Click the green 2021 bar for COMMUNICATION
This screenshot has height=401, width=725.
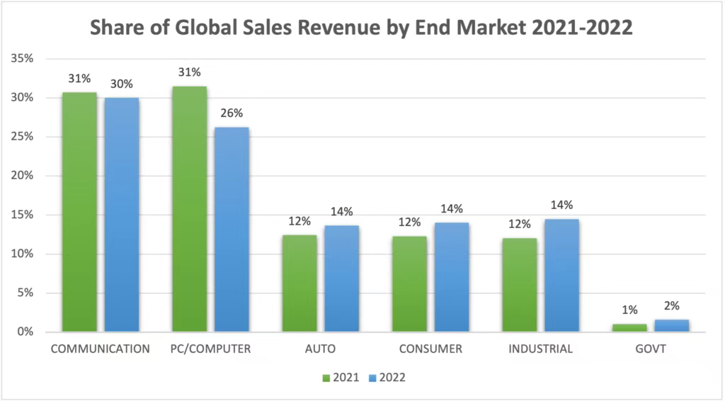coord(79,212)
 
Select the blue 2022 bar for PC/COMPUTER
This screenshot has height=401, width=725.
coord(232,230)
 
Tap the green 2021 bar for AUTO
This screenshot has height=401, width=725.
coord(299,283)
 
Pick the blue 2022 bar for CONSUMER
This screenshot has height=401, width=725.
coord(451,277)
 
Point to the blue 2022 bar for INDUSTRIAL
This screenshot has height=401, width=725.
coord(561,276)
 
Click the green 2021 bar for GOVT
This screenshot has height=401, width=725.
coord(629,328)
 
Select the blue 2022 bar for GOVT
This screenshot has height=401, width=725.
coord(671,326)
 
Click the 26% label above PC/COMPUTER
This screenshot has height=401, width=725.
coord(232,113)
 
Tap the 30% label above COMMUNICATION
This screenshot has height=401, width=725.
coord(121,84)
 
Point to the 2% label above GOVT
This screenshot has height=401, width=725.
coord(671,306)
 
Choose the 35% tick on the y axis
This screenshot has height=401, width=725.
coord(23,58)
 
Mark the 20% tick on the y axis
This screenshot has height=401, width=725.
coord(23,176)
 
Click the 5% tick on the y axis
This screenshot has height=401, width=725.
coord(26,293)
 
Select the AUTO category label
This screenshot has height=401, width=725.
coord(321,349)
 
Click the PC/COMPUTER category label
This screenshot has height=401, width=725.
coord(210,349)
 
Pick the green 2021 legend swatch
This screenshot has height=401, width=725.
coord(326,378)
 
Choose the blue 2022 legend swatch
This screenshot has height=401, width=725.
coord(373,378)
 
